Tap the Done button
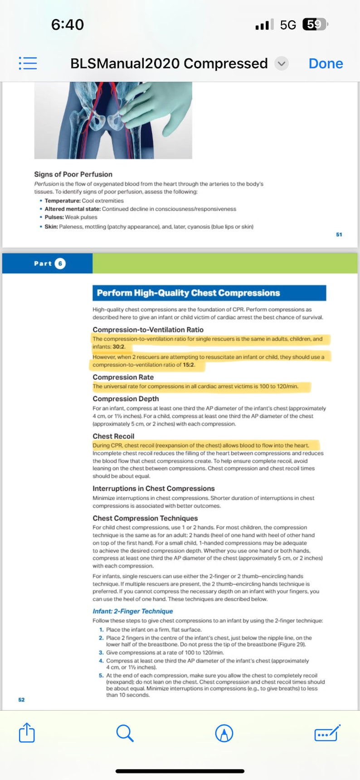coord(326,63)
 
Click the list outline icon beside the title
coord(28,63)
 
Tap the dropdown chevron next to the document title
coord(282,63)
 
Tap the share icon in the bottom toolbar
coord(27,732)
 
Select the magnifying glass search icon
coord(125,733)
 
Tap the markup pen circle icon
coord(224,733)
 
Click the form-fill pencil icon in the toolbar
coord(327,733)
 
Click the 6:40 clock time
coord(68,24)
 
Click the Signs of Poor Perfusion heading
coord(73,174)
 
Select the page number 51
coord(339,234)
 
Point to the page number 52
coord(21,700)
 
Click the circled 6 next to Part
coord(60,263)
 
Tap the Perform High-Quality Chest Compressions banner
coord(209,293)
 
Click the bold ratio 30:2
coord(119,347)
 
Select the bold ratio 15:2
coord(189,365)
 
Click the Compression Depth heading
coord(126,399)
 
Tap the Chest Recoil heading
coord(113,436)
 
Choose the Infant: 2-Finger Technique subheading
coord(132,611)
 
